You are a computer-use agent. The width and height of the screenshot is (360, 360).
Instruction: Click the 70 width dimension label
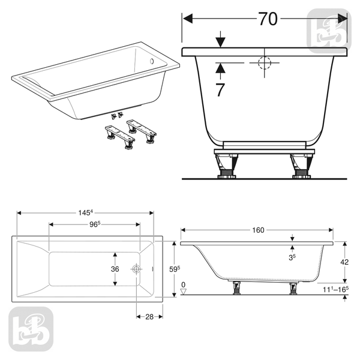tap(268, 19)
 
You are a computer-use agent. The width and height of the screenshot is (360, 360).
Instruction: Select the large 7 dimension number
tap(220, 90)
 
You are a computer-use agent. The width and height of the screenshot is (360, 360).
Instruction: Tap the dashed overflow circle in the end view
tap(265, 62)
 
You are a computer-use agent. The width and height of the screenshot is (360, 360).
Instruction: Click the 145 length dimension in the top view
tap(85, 213)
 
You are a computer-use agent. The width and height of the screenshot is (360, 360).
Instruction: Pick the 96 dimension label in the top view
tap(95, 224)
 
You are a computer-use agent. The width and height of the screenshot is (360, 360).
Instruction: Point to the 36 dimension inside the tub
tap(115, 269)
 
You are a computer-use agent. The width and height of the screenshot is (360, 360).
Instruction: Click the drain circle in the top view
tap(136, 269)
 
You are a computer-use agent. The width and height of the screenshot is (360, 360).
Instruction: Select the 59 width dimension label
tap(175, 269)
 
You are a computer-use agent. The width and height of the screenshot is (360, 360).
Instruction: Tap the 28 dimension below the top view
tap(149, 317)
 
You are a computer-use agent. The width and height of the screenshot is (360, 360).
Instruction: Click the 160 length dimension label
tap(258, 230)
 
